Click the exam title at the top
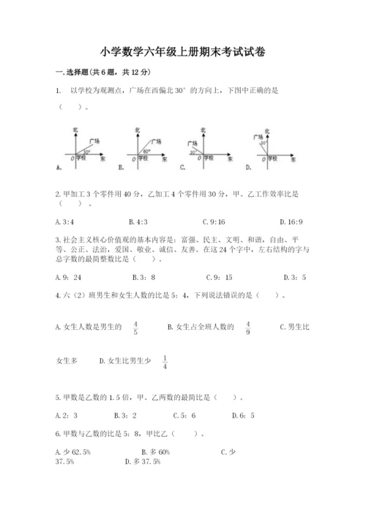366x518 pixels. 183,52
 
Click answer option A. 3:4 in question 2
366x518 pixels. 67,221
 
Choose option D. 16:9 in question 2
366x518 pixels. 292,221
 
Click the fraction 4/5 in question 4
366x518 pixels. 135,328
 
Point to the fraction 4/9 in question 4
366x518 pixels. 248,328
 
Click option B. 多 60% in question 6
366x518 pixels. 154,452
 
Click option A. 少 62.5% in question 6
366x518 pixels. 72,452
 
